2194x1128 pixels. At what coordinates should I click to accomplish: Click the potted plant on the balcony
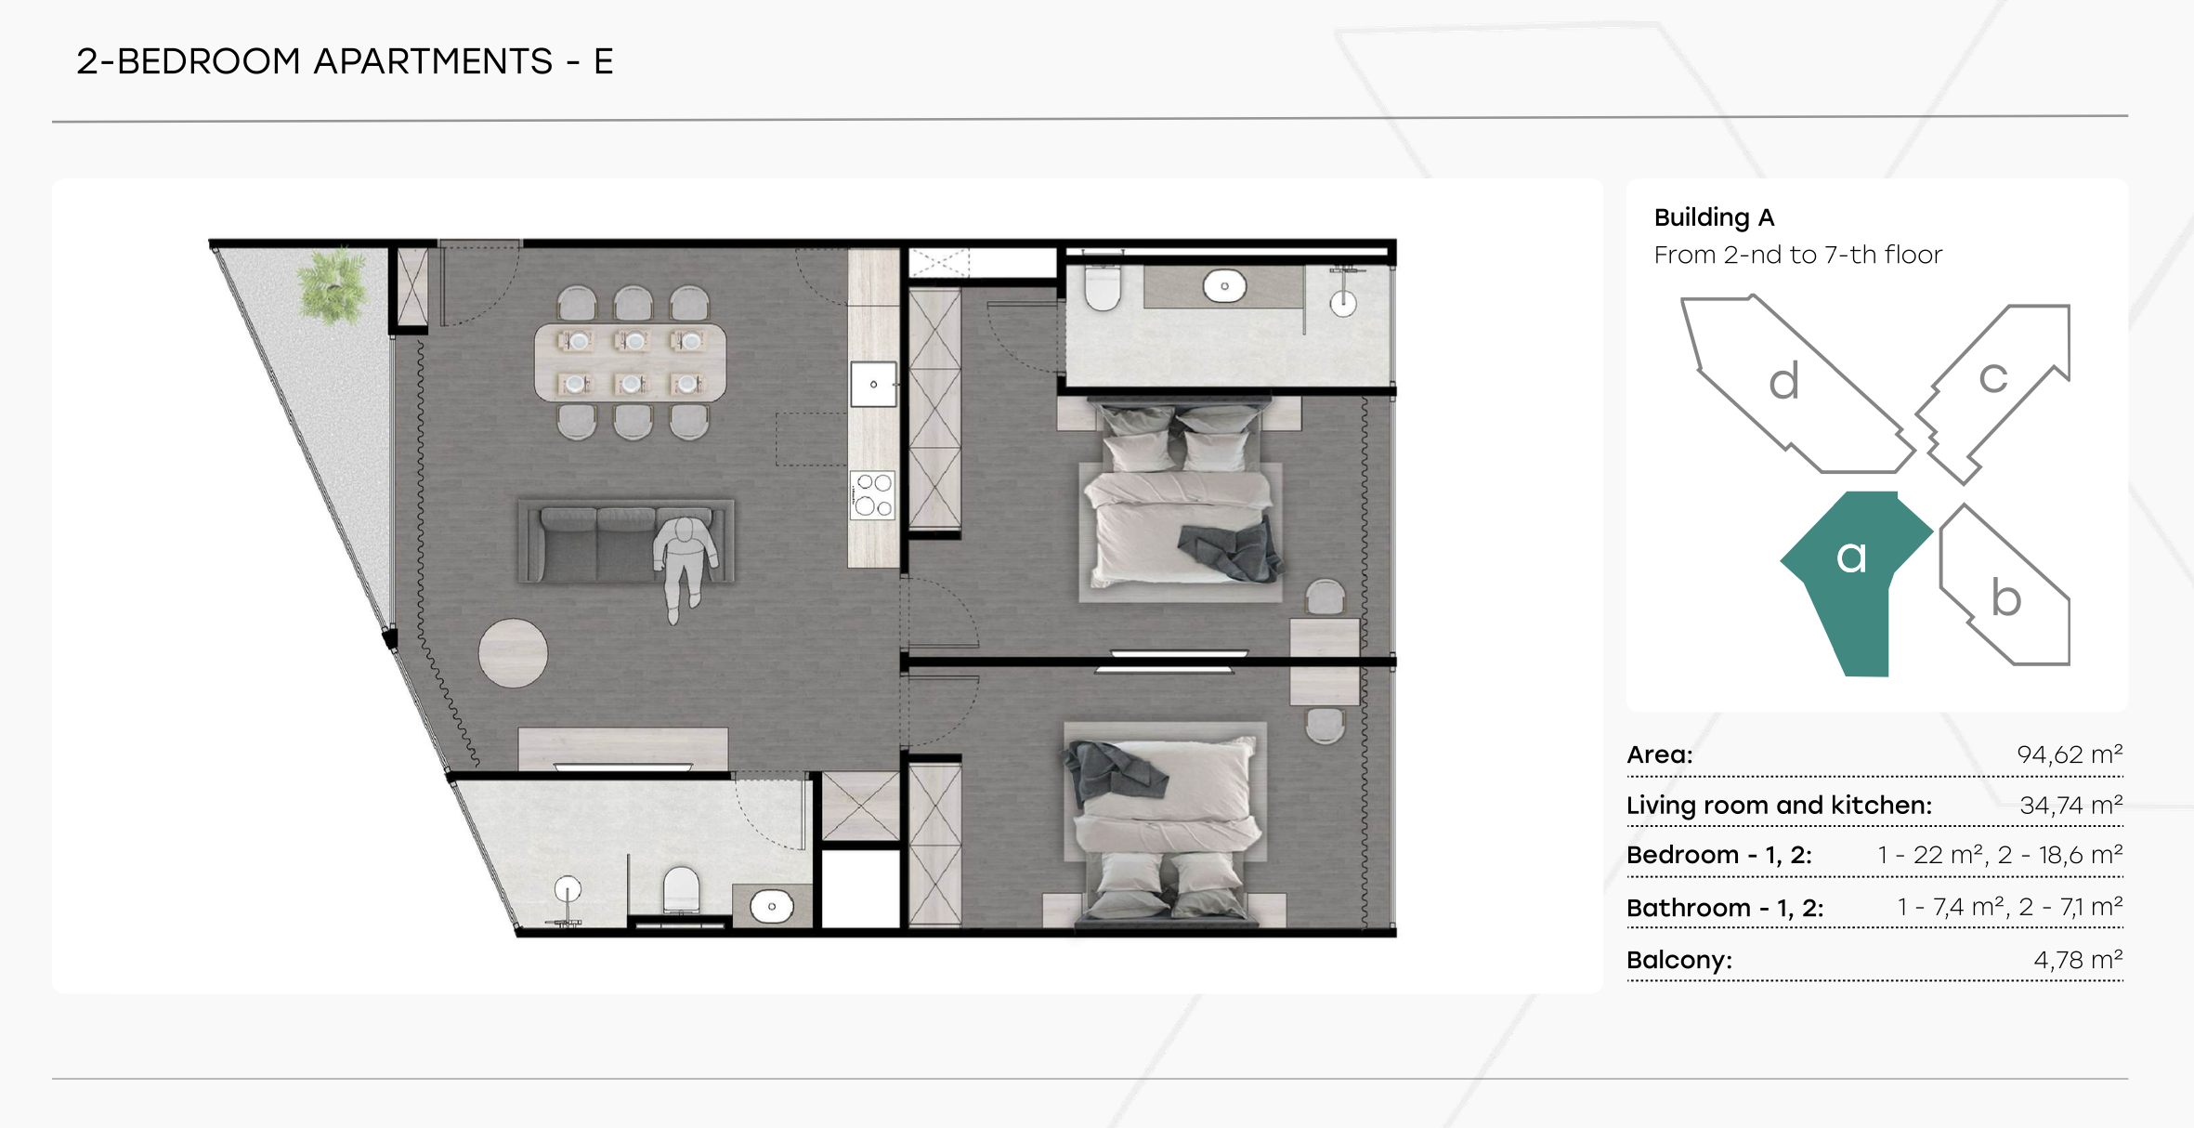[x=332, y=285]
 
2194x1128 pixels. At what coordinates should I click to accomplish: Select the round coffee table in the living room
[x=513, y=652]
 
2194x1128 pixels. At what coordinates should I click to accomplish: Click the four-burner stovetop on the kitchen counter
[x=873, y=494]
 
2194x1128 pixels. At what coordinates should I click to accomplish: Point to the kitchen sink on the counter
[x=873, y=384]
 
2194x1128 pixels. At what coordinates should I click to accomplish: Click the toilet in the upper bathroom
[x=1103, y=284]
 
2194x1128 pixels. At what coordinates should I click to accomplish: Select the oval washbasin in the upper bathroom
[x=1224, y=285]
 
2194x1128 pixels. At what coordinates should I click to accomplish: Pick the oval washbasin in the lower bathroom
[x=771, y=906]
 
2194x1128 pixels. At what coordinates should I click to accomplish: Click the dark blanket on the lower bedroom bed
[x=1113, y=773]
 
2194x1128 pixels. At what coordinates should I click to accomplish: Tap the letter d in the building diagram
[x=1783, y=381]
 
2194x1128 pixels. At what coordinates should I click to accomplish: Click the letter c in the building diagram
[x=1992, y=378]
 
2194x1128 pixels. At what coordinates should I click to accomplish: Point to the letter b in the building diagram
[x=2006, y=597]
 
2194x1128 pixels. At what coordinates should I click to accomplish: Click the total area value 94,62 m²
[x=2070, y=754]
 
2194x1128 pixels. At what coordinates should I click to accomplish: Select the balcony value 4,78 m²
[x=2078, y=959]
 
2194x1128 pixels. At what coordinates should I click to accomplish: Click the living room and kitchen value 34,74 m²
[x=2071, y=805]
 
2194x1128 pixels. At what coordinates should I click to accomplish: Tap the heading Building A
[x=1714, y=217]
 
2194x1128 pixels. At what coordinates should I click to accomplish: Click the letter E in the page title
[x=604, y=62]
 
